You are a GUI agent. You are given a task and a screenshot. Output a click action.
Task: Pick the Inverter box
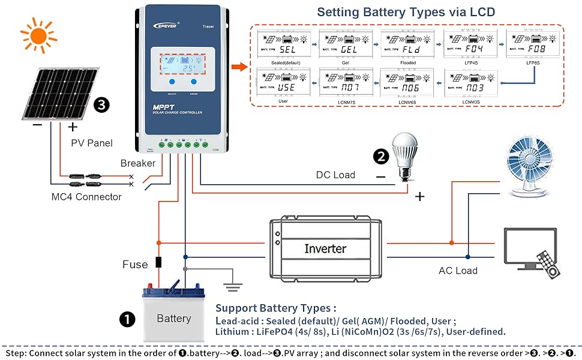coord(325,248)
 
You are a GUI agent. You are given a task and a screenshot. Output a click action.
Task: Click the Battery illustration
coord(173,314)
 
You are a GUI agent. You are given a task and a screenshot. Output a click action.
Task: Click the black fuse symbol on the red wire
coord(159,262)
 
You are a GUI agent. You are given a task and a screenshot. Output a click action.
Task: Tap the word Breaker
coord(137,163)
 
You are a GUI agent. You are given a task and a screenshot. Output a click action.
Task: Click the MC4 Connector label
coord(86,197)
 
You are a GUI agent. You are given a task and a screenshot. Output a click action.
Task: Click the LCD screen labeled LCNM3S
coord(472,83)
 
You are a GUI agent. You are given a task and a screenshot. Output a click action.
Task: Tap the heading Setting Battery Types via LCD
coord(406,11)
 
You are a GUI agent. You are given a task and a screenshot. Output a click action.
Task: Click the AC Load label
coord(458,271)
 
